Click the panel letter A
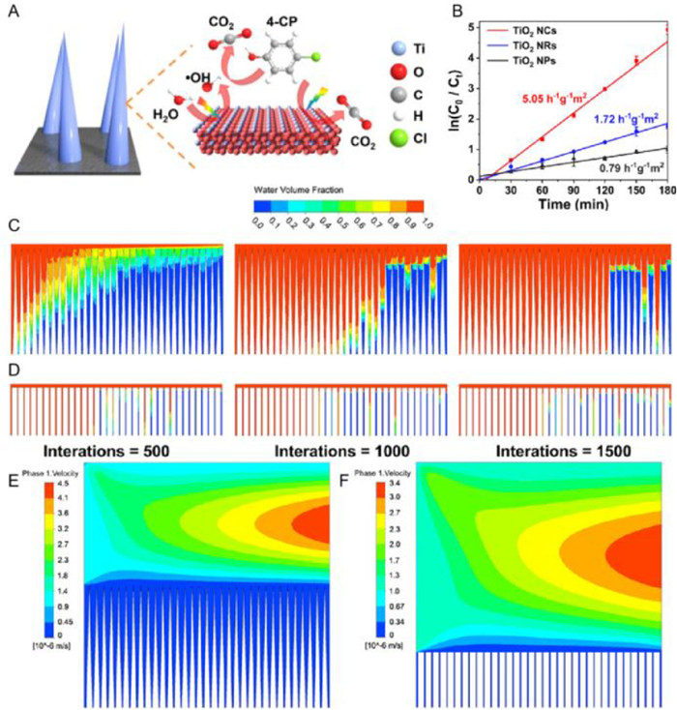point(14,13)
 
